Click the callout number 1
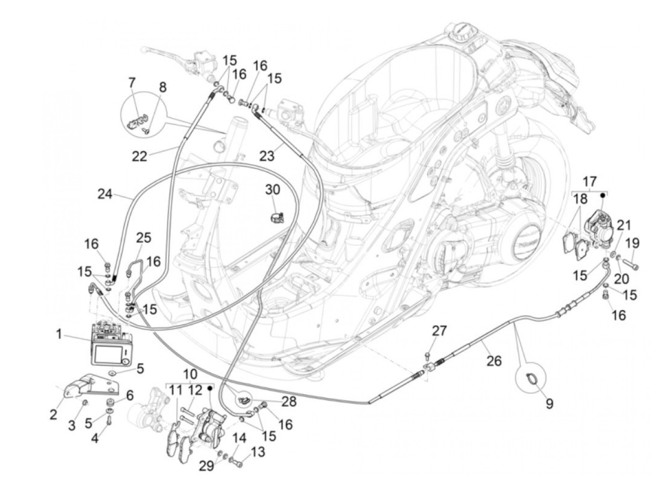[x=60, y=334]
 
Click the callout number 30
[x=273, y=190]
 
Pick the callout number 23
[x=268, y=155]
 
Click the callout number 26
[x=494, y=361]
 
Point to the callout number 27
[x=439, y=331]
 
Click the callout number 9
[x=549, y=404]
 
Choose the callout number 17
[x=589, y=181]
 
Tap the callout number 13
[x=258, y=452]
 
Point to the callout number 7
[x=132, y=83]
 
